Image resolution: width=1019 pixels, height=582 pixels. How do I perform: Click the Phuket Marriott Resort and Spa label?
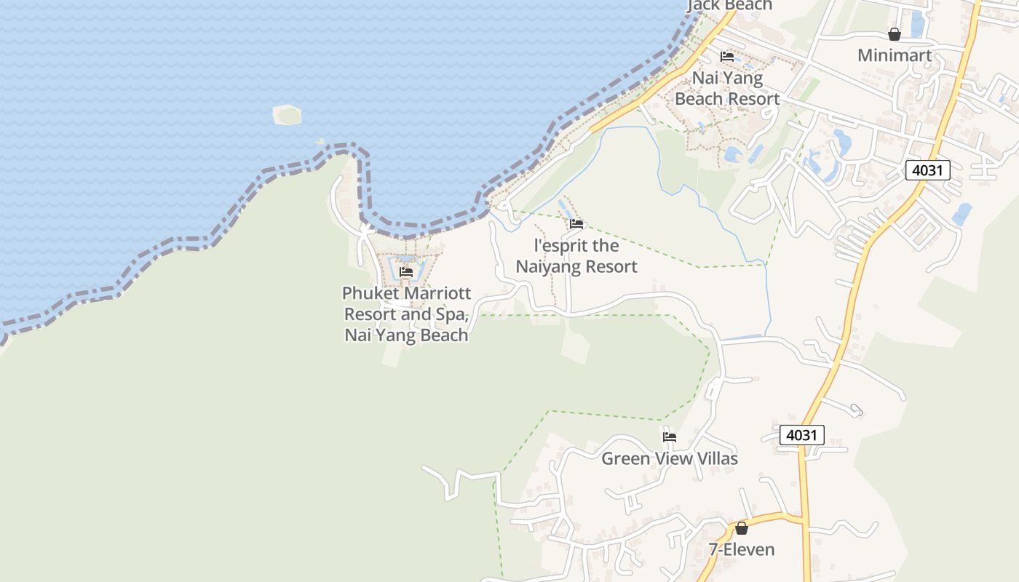tap(406, 314)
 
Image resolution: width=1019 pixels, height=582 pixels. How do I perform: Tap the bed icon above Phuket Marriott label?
tap(406, 272)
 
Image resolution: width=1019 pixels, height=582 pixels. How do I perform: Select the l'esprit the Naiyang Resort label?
tap(576, 256)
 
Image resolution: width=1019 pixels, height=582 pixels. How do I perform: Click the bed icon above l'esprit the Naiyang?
tap(576, 224)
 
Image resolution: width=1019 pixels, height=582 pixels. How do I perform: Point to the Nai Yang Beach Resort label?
tap(727, 88)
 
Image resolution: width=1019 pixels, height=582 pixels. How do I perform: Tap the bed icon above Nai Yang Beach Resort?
tap(726, 57)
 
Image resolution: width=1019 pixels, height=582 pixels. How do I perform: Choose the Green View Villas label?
tap(669, 458)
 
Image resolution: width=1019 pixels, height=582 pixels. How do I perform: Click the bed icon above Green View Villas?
tap(670, 437)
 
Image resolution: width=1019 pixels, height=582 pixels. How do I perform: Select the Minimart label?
tap(895, 55)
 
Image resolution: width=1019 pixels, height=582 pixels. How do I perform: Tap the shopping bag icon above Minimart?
tap(895, 34)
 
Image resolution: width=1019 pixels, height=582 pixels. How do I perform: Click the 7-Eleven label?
tap(742, 549)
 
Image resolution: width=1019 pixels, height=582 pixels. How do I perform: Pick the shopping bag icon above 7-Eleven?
tap(742, 528)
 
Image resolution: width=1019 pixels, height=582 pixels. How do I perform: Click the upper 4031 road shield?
tap(928, 171)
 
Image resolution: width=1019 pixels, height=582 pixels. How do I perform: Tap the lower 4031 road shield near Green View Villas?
tap(801, 435)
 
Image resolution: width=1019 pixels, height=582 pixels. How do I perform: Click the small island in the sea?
tap(288, 114)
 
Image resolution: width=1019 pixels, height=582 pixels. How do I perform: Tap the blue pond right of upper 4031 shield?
tap(961, 214)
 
